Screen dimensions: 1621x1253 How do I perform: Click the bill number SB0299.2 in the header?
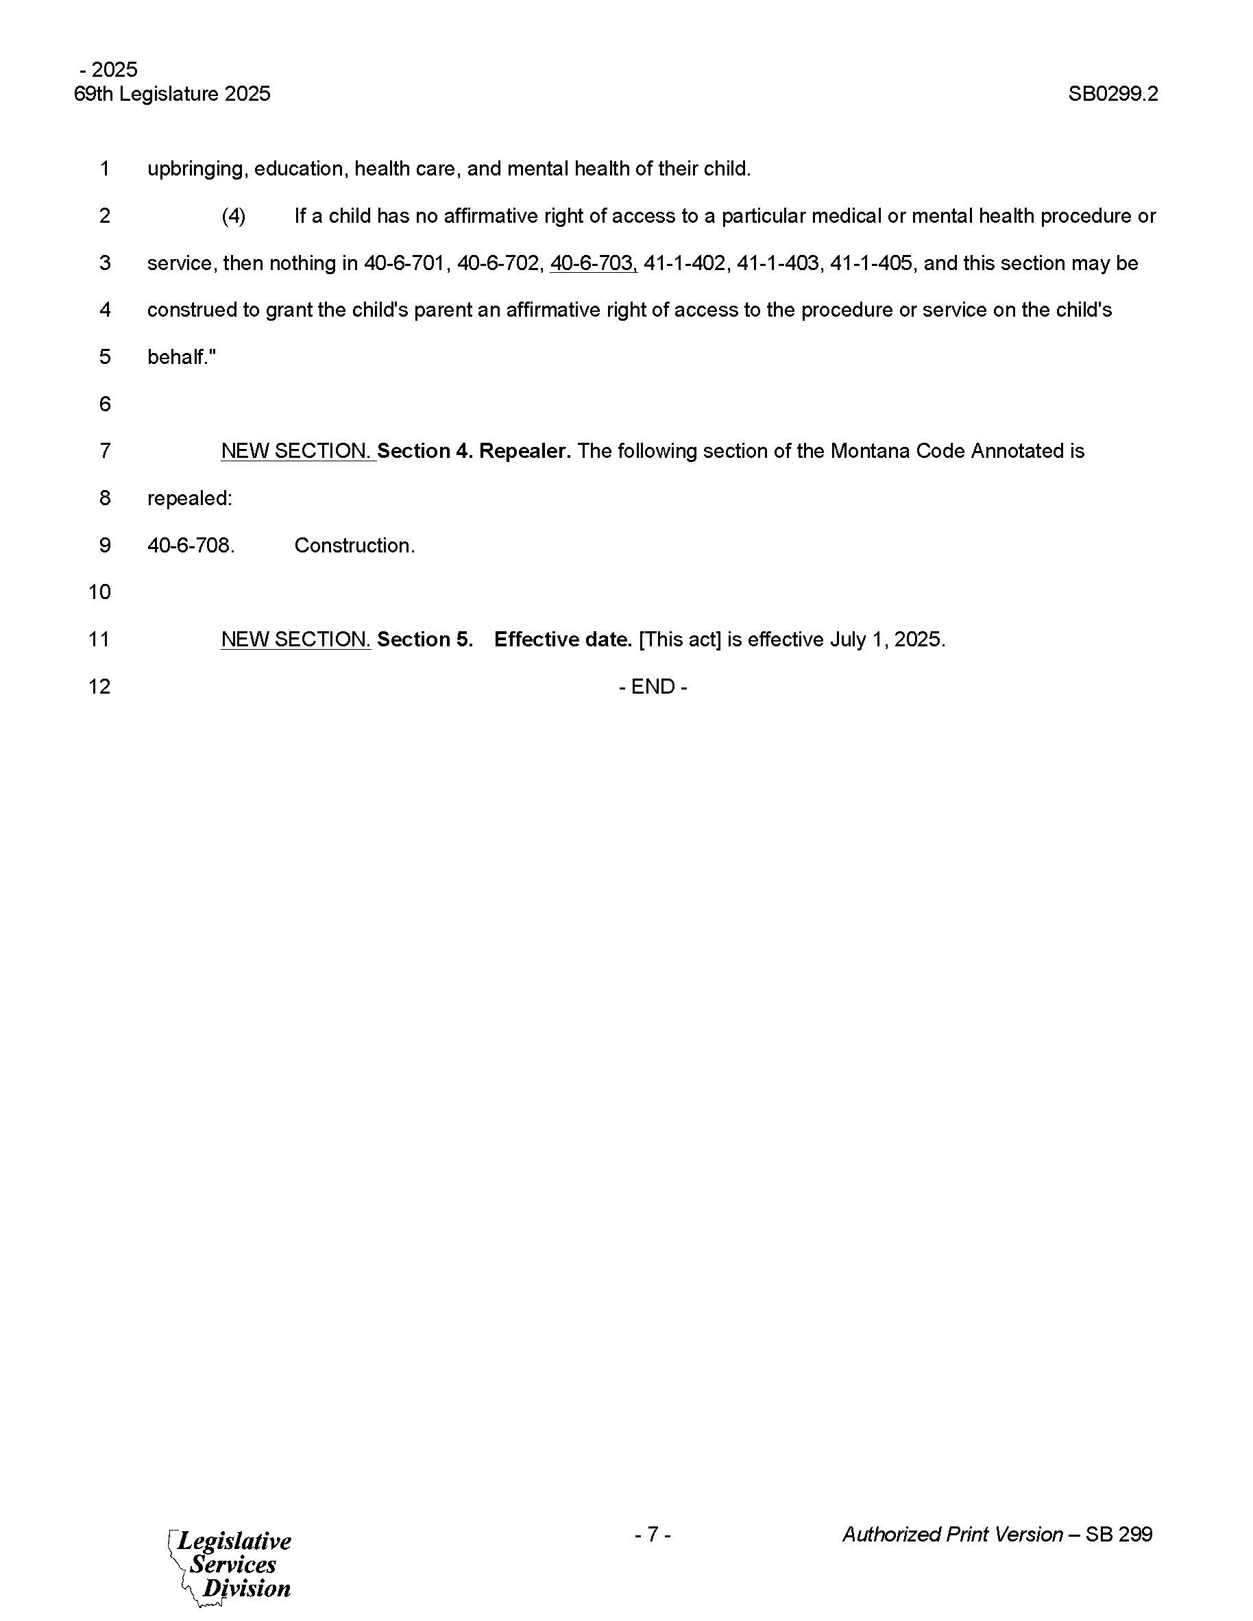tap(1112, 95)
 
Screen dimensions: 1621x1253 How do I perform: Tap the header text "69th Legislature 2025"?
tap(172, 95)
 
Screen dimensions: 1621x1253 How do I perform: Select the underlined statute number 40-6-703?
tap(592, 263)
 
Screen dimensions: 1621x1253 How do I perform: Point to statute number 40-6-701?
tap(404, 263)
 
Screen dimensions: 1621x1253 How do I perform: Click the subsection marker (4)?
tap(233, 216)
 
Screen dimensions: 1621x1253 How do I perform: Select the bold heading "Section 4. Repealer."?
tap(474, 451)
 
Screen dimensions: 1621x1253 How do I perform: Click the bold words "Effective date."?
tap(563, 639)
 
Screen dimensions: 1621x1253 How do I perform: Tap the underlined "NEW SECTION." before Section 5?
tap(295, 639)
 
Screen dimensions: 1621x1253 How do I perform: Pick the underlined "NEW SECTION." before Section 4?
tap(297, 451)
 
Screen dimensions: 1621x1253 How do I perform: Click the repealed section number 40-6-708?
tap(191, 546)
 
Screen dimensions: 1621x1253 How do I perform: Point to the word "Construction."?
tap(354, 546)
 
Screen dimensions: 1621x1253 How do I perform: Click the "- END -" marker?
tap(653, 687)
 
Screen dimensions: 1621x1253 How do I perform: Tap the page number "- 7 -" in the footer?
tap(653, 1534)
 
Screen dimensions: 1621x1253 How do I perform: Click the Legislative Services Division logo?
tap(232, 1565)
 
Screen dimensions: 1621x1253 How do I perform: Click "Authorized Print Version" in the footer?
tap(952, 1534)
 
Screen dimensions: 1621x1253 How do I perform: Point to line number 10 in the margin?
tap(99, 592)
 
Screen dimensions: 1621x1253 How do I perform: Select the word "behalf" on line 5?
tap(176, 358)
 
